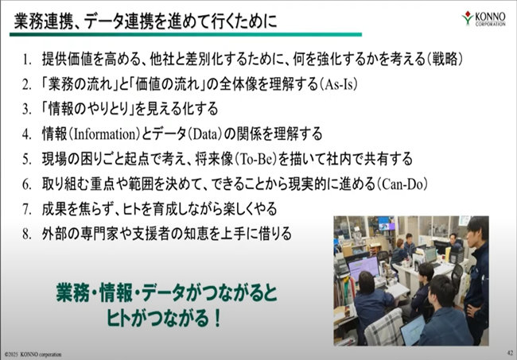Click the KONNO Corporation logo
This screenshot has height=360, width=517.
484,18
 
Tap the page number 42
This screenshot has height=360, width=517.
510,353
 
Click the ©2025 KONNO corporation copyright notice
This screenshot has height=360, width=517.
33,354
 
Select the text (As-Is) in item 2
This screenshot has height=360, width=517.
338,84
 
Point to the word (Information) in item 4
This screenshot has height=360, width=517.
105,134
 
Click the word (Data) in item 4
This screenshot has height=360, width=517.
206,134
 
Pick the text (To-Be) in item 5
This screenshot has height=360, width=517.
255,159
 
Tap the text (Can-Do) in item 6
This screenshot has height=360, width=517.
402,184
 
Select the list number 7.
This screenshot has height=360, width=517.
27,210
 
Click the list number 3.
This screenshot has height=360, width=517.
27,110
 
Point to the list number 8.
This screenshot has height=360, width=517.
27,234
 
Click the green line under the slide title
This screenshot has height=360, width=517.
185,34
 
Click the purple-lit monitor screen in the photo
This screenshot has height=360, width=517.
363,268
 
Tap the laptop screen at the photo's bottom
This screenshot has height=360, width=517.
413,330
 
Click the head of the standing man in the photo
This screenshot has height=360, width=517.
478,228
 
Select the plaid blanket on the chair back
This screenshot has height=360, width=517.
384,327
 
